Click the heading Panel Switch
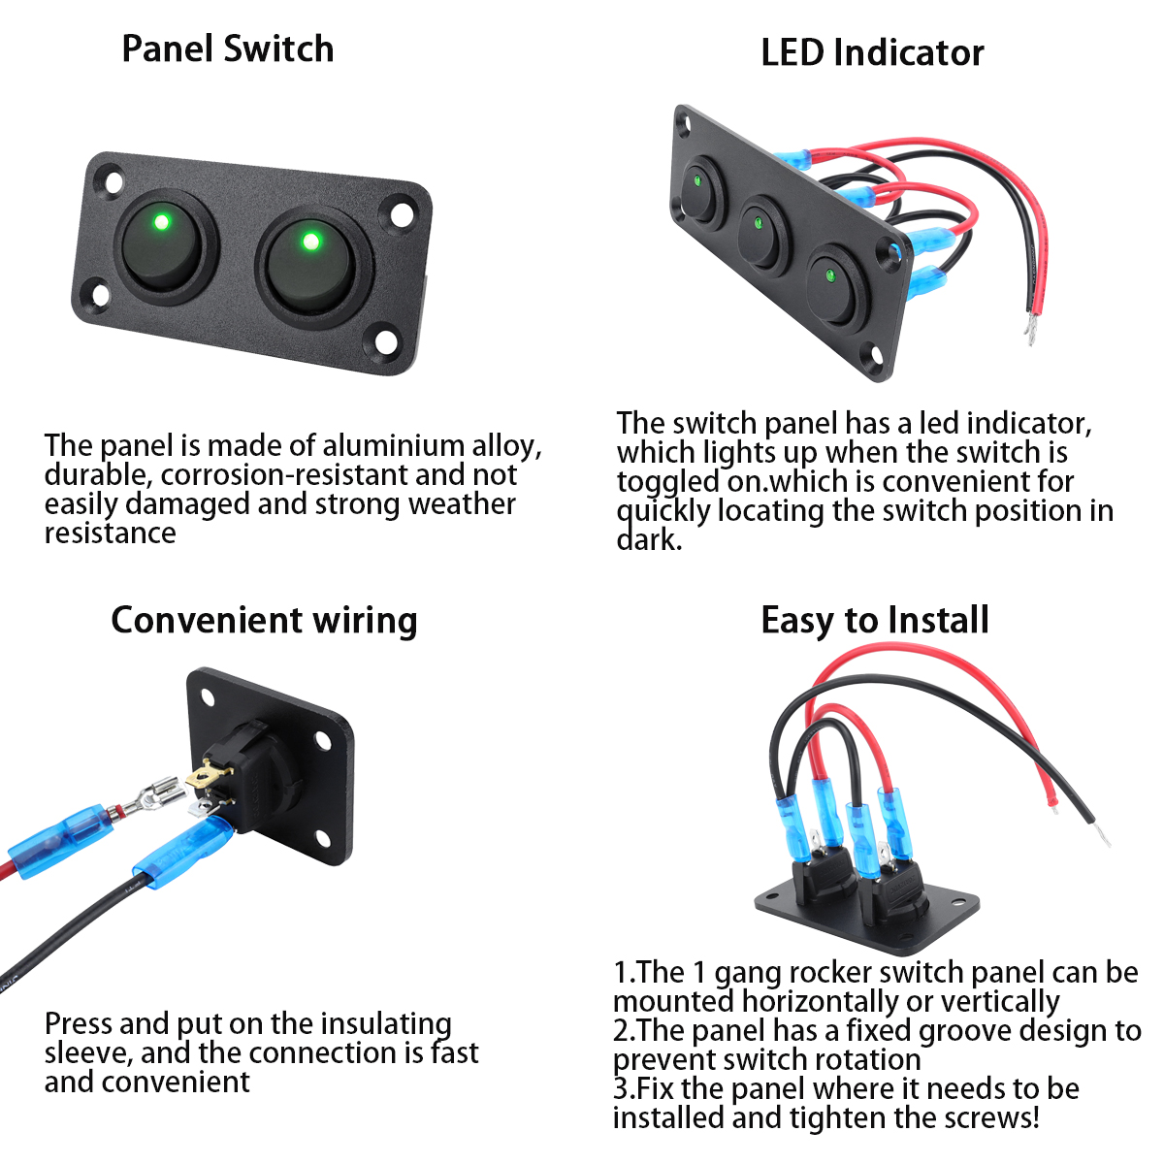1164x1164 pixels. point(228,48)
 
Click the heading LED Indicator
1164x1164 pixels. point(872,52)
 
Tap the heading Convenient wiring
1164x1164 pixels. point(264,620)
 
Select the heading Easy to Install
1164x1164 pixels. point(874,620)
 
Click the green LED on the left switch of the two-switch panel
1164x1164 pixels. point(161,222)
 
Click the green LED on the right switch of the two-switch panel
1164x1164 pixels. point(310,241)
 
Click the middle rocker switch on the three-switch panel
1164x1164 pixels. point(763,234)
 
